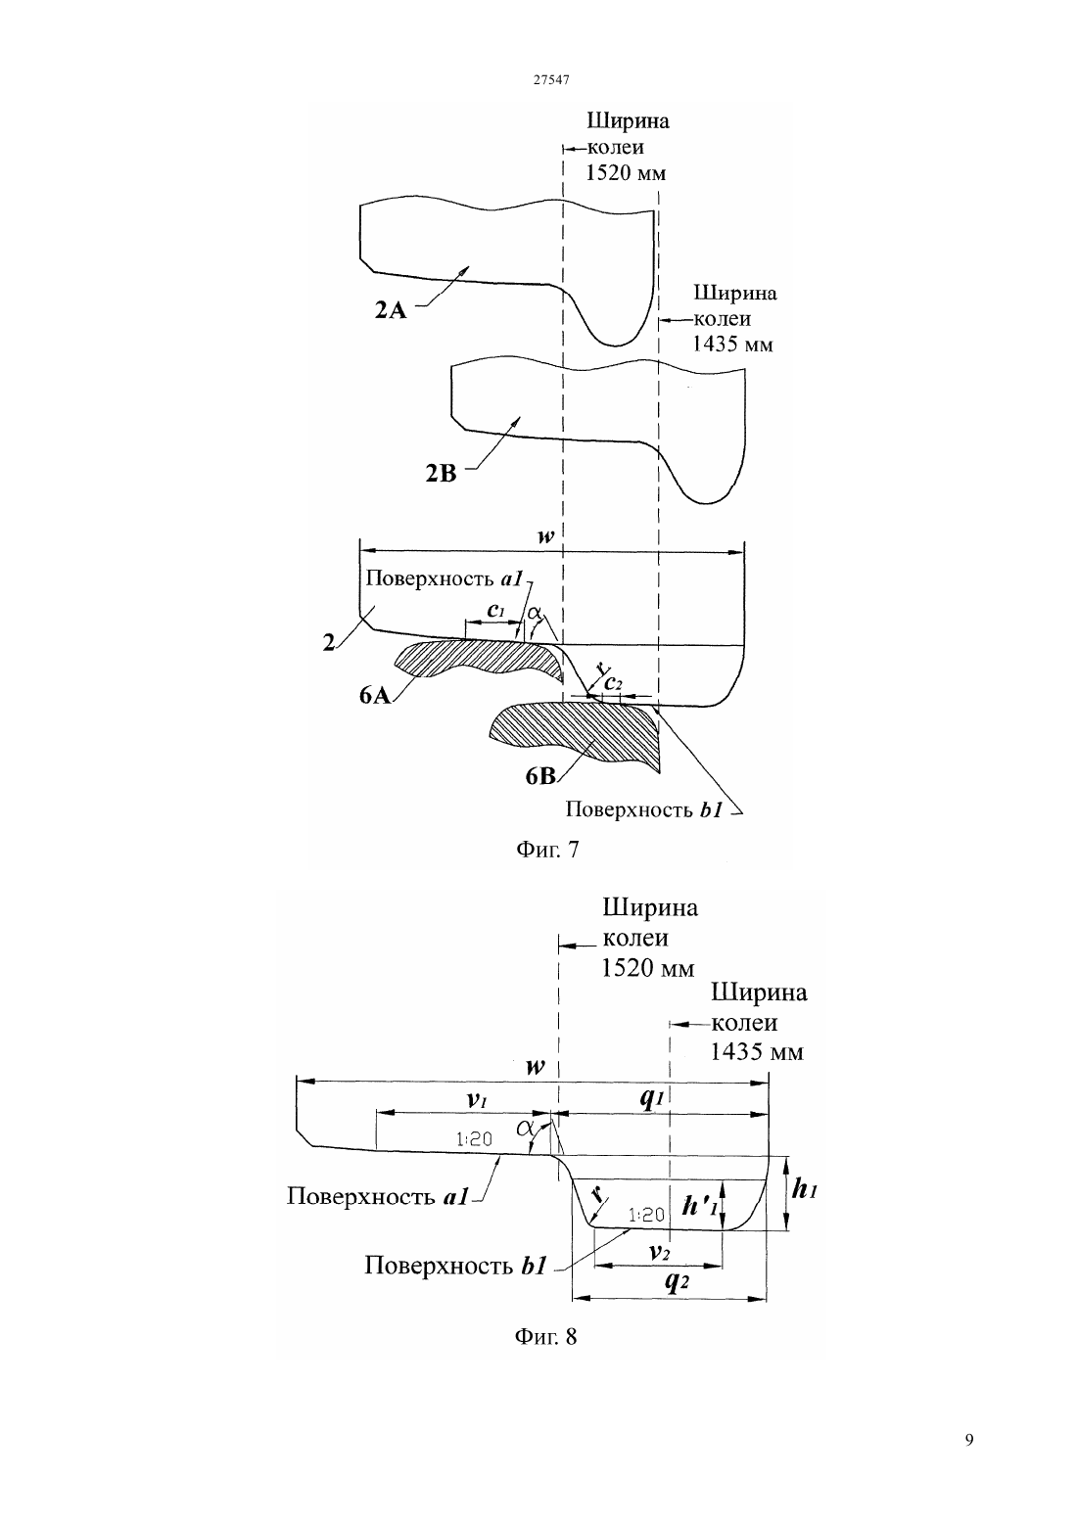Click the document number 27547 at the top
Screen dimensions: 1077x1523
[550, 79]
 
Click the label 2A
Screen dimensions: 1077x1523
[391, 310]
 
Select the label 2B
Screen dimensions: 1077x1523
[442, 473]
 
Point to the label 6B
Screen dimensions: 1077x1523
[540, 776]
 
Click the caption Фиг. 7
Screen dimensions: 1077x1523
[546, 850]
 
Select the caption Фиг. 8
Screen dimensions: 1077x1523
[545, 1337]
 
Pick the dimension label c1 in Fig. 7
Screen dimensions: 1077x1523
[495, 610]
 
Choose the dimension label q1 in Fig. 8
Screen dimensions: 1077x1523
[652, 1099]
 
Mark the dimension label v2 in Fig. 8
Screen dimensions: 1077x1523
[660, 1250]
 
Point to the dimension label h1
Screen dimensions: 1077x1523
[805, 1188]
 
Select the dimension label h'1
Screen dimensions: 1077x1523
[700, 1204]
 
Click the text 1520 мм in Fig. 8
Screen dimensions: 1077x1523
[648, 968]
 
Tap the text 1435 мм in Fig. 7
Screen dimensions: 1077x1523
[732, 344]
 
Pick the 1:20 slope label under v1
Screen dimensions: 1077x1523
[474, 1138]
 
